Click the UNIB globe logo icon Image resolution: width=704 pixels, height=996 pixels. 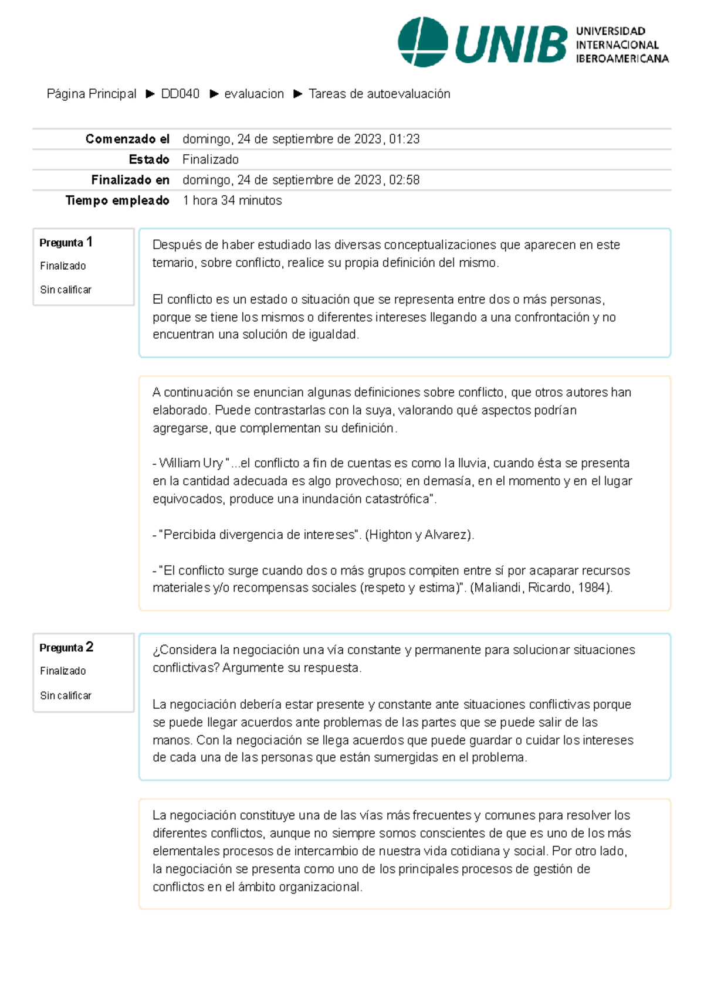coord(422,42)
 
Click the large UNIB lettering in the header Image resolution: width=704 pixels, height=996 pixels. coord(510,45)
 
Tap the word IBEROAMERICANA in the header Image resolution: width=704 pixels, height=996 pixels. coord(622,59)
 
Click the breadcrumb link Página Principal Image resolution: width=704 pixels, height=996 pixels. coord(92,94)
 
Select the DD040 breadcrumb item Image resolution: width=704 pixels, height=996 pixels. coord(180,94)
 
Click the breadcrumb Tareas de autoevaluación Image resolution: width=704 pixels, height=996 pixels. coord(379,94)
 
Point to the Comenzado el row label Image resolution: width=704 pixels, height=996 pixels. coord(127,139)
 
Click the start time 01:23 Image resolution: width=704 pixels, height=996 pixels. coord(404,139)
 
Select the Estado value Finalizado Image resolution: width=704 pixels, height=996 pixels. coord(211,159)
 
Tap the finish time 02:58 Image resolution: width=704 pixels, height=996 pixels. coord(404,180)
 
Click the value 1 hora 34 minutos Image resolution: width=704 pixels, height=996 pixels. coord(232,200)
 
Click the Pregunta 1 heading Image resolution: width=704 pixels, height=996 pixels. coord(66,242)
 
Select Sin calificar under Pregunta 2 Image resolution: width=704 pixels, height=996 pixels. coord(66,695)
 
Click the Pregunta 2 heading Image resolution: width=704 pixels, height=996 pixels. coord(66,647)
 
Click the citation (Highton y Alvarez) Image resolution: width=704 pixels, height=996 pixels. coord(419,535)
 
